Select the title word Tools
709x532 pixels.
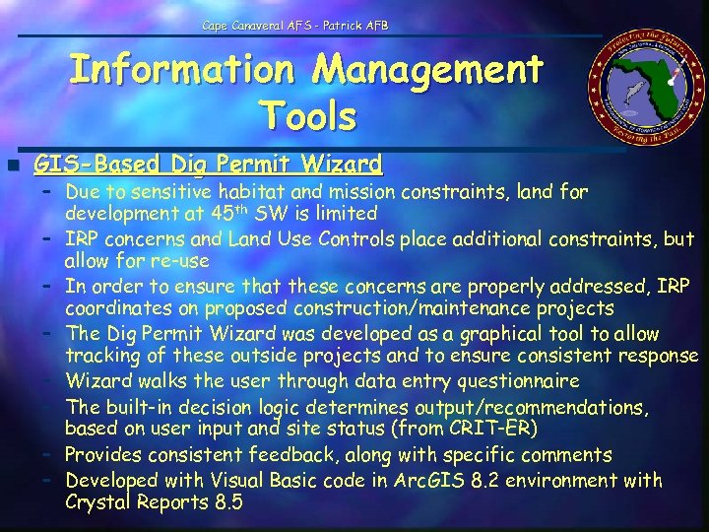pos(308,116)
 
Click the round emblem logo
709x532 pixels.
pos(640,95)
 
